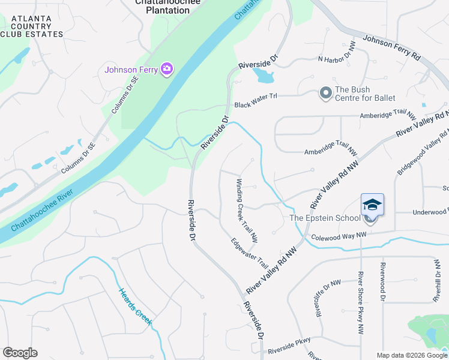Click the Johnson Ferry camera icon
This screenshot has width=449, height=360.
(x=167, y=69)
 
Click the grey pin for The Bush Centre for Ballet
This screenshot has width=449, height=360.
(x=325, y=93)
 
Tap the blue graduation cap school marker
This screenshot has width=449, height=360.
(x=372, y=205)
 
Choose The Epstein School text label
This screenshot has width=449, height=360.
(x=325, y=218)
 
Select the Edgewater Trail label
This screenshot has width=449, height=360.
(x=250, y=253)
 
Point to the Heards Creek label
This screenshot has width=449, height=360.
(x=135, y=307)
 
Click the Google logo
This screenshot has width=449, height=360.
(x=20, y=353)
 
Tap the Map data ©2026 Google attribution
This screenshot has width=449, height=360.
(x=411, y=355)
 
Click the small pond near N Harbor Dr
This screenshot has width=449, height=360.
(x=264, y=76)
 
